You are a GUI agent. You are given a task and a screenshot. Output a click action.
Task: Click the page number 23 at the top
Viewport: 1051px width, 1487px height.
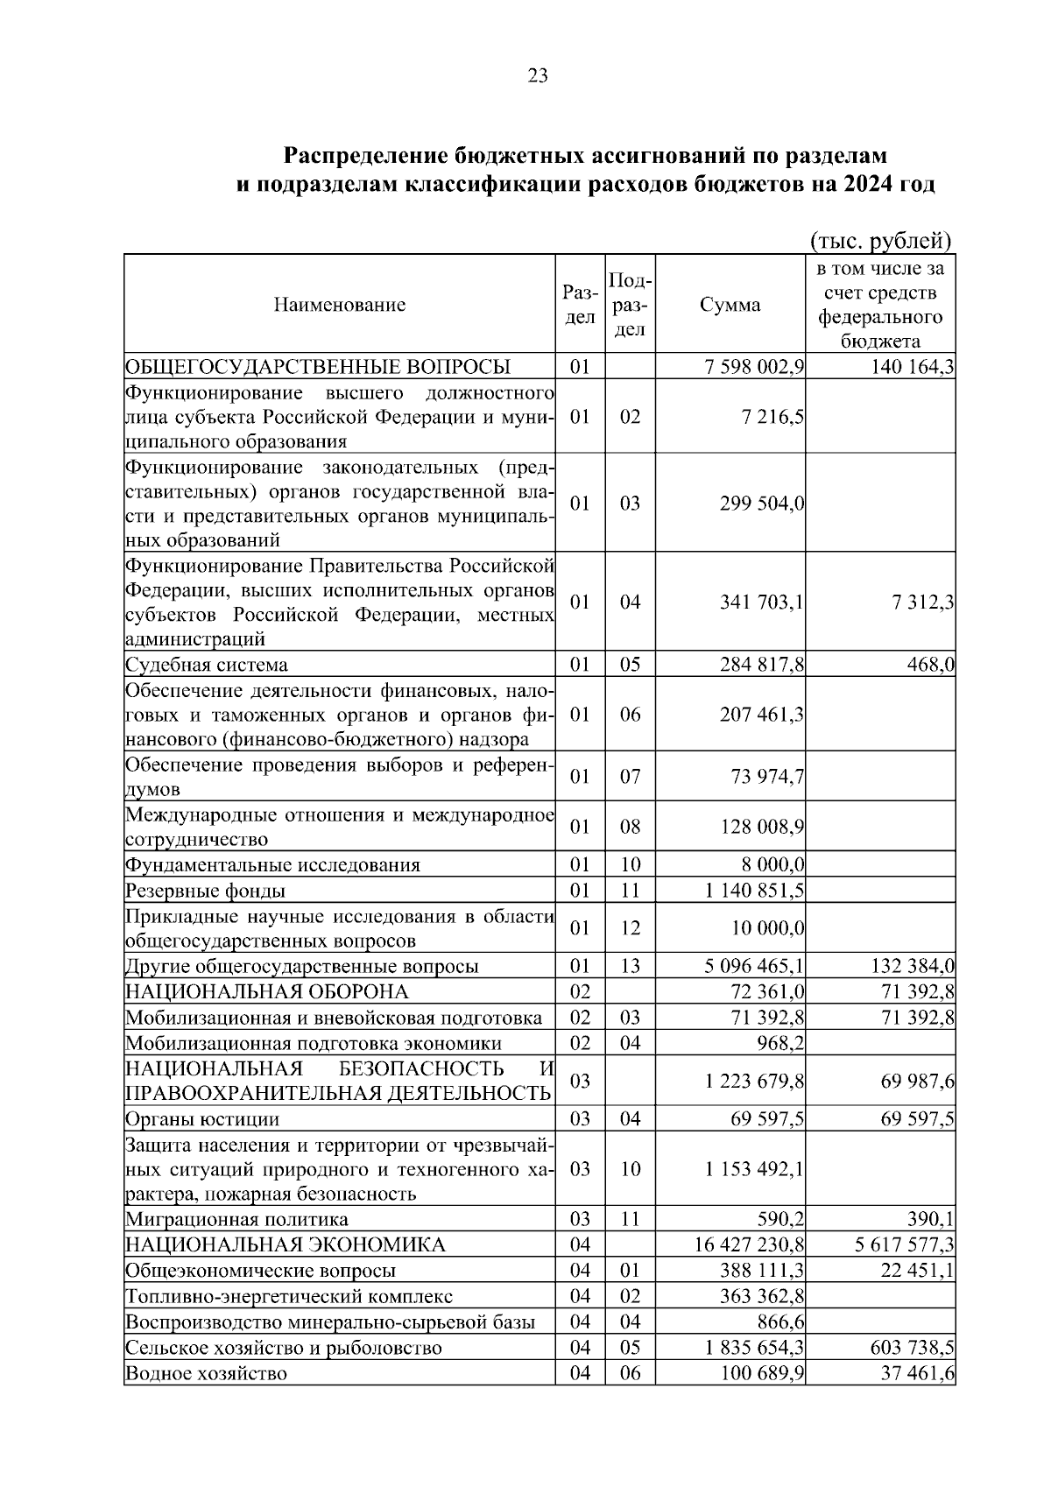[x=538, y=76]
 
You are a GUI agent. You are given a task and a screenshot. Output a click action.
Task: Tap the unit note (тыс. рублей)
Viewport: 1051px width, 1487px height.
[x=880, y=240]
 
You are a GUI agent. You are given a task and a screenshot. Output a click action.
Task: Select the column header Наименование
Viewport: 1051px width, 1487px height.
[x=340, y=305]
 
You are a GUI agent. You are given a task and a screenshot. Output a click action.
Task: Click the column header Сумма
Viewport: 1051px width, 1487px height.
[x=730, y=305]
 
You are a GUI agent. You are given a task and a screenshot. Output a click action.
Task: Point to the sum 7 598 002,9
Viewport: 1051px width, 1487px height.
[x=754, y=367]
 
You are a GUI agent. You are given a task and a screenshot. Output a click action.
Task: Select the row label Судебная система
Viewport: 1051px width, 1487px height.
[x=207, y=665]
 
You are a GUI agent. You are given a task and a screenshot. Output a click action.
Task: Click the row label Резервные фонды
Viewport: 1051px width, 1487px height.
[x=205, y=891]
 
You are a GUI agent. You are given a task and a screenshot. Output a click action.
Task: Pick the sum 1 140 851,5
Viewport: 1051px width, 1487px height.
[x=754, y=891]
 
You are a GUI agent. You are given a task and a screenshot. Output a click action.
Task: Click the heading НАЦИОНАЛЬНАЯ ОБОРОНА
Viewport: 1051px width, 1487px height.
[x=267, y=992]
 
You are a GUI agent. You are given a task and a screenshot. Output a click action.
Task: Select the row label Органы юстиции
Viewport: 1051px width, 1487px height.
[x=202, y=1119]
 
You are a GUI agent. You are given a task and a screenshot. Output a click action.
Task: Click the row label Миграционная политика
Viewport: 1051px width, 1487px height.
[x=236, y=1220]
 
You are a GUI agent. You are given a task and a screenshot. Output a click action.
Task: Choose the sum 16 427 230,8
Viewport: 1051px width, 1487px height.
[x=750, y=1245]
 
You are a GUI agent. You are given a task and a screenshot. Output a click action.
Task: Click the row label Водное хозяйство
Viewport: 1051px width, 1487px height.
[x=206, y=1373]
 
